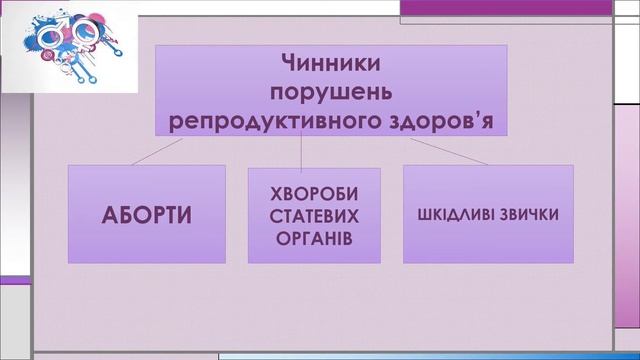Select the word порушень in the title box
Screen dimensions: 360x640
tap(332, 92)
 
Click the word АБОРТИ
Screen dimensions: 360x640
tap(147, 215)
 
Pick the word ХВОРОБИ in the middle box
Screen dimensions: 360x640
tap(314, 193)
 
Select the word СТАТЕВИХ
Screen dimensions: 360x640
tap(314, 216)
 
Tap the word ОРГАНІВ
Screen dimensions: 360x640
tap(314, 239)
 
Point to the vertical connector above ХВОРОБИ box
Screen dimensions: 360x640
tap(302, 153)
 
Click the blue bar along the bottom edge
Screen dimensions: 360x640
tap(420, 355)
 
